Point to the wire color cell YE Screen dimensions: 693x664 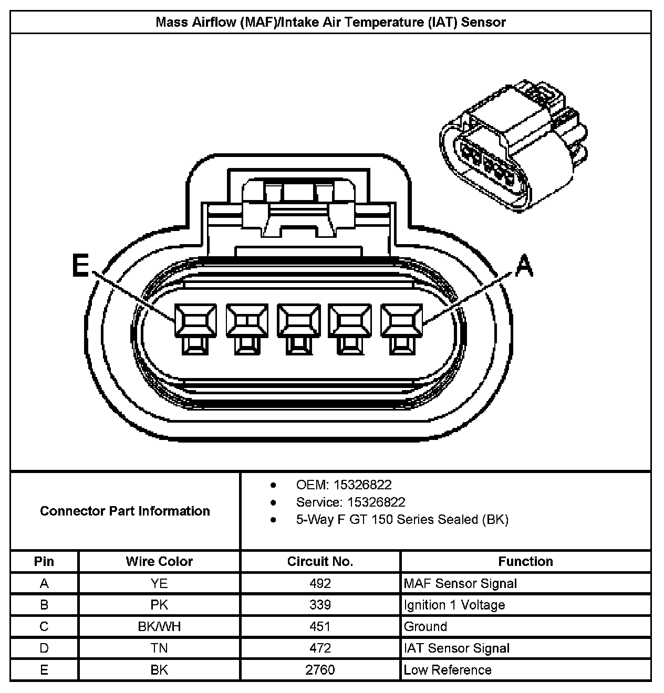[x=159, y=583]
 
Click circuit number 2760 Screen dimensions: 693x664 [x=320, y=670]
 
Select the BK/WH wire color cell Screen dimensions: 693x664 [x=159, y=626]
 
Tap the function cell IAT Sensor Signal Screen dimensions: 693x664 [x=456, y=648]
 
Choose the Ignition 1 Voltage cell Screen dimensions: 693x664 [x=454, y=605]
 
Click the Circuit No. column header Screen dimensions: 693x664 [x=320, y=561]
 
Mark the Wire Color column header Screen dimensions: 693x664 [x=159, y=561]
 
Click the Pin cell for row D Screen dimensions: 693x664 [x=44, y=648]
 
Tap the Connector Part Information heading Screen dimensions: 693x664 [x=125, y=511]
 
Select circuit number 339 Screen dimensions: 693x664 [x=320, y=605]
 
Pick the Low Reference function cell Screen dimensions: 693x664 [x=448, y=670]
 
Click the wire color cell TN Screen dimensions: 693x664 [x=159, y=648]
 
